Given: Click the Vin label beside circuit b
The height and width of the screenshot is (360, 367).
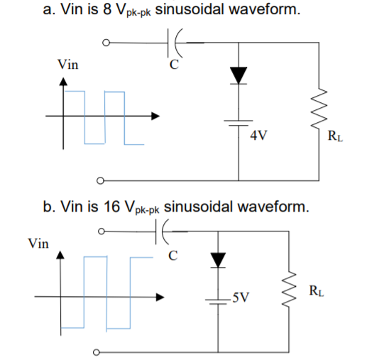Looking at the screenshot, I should click(x=38, y=244).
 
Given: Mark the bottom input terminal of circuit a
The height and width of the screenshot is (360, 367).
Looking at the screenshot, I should click(x=102, y=178).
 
